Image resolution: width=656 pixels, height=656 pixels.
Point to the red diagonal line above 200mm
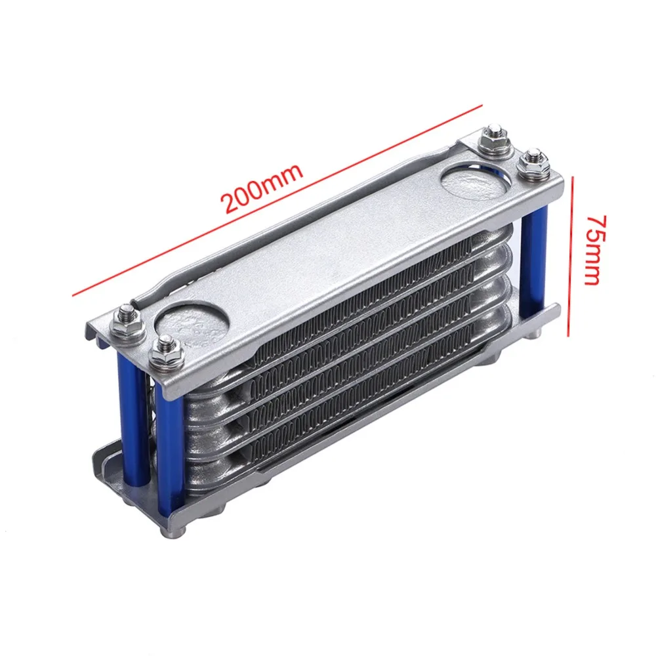277,200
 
